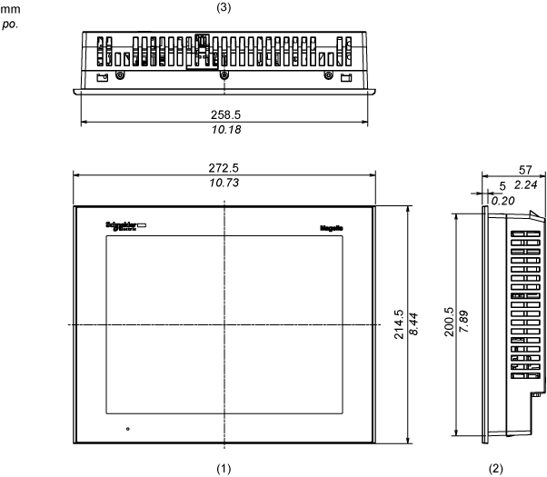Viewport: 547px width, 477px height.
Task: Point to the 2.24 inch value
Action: click(x=526, y=185)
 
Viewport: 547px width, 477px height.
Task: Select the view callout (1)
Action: click(x=224, y=468)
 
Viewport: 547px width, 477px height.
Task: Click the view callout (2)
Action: click(x=494, y=468)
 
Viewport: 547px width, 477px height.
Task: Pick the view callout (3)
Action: click(x=224, y=9)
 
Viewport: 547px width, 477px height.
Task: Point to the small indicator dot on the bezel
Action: click(x=127, y=428)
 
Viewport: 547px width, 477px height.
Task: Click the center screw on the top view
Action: click(x=224, y=75)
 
